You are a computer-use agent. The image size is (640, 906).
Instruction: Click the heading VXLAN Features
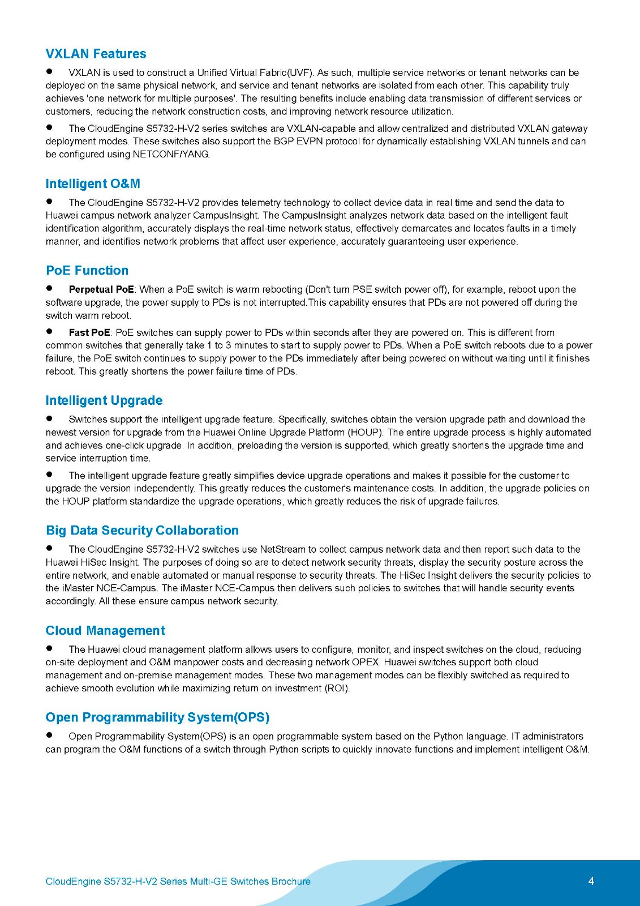pos(96,54)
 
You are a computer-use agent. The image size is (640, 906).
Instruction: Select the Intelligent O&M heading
pos(93,183)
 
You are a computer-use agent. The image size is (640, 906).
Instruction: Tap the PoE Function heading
pos(87,270)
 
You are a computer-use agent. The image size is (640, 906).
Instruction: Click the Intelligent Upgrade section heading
pos(104,400)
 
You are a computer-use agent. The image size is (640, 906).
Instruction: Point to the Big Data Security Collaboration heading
pos(142,530)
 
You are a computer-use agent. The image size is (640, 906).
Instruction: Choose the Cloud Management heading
pos(105,630)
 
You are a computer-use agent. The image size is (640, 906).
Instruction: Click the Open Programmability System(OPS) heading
pos(157,717)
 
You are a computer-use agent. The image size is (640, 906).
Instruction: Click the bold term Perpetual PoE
pos(101,289)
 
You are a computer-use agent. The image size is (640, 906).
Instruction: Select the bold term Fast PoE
pos(89,332)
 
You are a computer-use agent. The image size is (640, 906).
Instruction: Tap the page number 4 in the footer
pos(591,881)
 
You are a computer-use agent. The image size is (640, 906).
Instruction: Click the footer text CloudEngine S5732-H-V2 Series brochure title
pos(178,881)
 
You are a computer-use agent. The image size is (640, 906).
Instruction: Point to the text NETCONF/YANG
pos(171,154)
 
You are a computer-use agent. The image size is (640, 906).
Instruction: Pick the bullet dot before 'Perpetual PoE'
pos(49,288)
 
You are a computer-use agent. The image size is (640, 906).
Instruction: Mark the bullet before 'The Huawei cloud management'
pos(49,648)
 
